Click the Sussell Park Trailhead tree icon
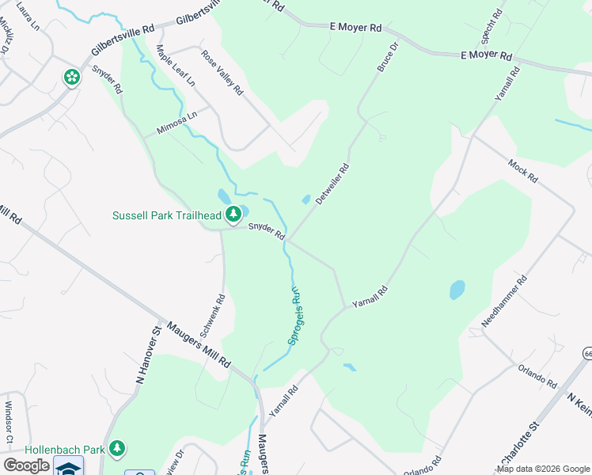click(x=233, y=214)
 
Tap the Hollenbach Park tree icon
click(x=117, y=449)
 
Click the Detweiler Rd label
click(x=332, y=184)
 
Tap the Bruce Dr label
click(x=386, y=58)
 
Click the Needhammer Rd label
click(x=504, y=302)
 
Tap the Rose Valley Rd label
click(x=222, y=73)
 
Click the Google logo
click(x=26, y=465)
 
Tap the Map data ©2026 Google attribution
click(x=543, y=469)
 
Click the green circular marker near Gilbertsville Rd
click(x=72, y=78)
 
